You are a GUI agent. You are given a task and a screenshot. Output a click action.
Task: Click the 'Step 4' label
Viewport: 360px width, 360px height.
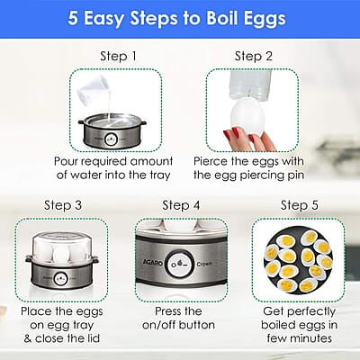click(x=180, y=205)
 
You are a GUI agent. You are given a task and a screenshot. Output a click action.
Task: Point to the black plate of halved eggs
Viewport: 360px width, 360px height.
click(x=297, y=261)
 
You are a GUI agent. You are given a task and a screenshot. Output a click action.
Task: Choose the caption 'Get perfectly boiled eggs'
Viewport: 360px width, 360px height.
click(x=297, y=317)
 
